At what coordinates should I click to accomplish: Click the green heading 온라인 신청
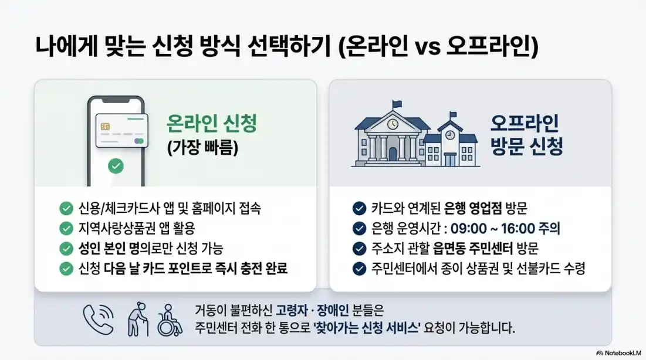tap(212, 124)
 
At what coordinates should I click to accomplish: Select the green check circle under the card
tap(116, 167)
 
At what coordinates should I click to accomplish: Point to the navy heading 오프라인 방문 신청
tap(526, 134)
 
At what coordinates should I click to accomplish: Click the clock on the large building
tap(392, 124)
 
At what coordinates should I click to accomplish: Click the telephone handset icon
tap(98, 319)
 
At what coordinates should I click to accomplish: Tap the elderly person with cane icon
tap(139, 320)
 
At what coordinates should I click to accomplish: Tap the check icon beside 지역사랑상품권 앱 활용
tap(66, 229)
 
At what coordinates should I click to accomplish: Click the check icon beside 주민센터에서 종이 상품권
tap(359, 269)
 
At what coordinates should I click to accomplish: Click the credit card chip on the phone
tap(106, 127)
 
